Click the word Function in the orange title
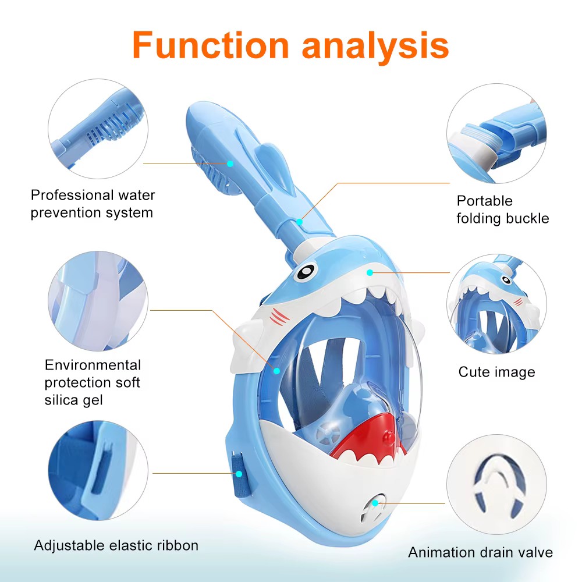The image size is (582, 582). (211, 45)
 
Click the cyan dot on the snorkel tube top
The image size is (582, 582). (230, 164)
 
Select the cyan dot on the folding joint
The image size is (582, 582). (300, 222)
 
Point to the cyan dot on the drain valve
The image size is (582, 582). (375, 503)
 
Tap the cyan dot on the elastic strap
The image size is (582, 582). (239, 474)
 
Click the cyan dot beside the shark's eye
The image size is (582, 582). (370, 273)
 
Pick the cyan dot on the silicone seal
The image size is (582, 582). (276, 370)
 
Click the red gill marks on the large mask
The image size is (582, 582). (279, 317)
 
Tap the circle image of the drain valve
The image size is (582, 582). (496, 484)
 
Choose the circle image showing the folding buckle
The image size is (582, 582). (496, 133)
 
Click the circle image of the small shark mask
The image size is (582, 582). (496, 304)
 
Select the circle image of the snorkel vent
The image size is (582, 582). (98, 129)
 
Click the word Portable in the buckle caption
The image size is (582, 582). (484, 201)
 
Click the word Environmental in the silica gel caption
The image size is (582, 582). (93, 365)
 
